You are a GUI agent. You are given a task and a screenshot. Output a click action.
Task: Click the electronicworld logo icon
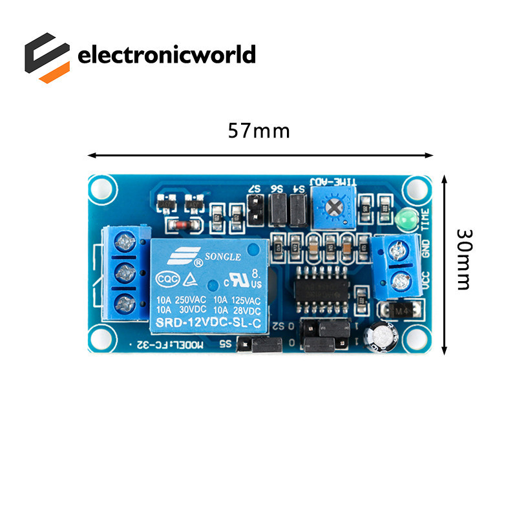47,57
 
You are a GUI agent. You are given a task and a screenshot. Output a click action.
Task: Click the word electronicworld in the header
167,55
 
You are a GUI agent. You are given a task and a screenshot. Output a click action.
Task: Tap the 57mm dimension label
258,131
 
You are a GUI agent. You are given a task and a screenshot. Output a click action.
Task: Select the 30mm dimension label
464,258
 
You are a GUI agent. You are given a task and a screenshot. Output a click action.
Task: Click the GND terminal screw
401,249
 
